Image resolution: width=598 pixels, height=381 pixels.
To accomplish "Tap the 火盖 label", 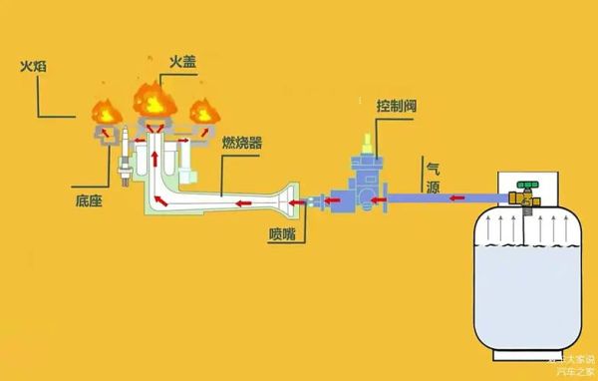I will (x=182, y=61).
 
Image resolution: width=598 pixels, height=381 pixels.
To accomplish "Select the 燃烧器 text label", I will (x=241, y=143).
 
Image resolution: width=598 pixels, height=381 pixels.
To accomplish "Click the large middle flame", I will (x=153, y=98).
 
